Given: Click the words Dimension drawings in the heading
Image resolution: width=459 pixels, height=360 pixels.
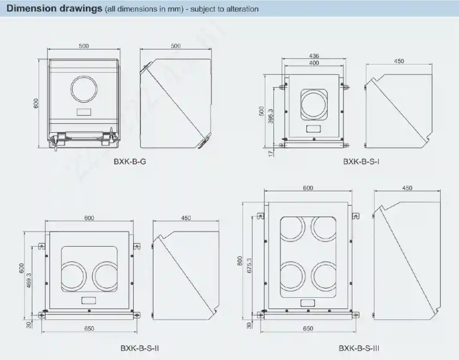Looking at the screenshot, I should pos(55,9).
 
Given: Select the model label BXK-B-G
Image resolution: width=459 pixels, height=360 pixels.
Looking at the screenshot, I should pos(130,162).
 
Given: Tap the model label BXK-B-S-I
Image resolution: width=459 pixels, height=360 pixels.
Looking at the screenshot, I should pos(361,162).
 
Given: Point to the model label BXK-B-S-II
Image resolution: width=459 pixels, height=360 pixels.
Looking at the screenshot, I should pos(139,348).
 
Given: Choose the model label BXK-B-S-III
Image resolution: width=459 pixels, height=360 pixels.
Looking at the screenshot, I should pos(359,348).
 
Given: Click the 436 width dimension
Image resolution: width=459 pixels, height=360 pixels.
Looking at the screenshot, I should pos(314,56).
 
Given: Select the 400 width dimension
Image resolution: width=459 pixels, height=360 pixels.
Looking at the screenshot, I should pos(314,63).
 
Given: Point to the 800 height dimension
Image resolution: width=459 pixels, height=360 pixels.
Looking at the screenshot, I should pos(240,261).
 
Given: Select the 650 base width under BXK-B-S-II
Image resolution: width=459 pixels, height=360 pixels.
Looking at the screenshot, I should pos(89,329).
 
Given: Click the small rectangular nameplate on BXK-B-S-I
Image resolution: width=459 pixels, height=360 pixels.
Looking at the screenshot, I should pos(313,129).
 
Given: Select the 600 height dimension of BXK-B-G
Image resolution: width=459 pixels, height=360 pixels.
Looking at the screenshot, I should pos(36,103).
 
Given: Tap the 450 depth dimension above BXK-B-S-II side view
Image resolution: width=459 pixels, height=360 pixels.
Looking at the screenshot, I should pos(186,218).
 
